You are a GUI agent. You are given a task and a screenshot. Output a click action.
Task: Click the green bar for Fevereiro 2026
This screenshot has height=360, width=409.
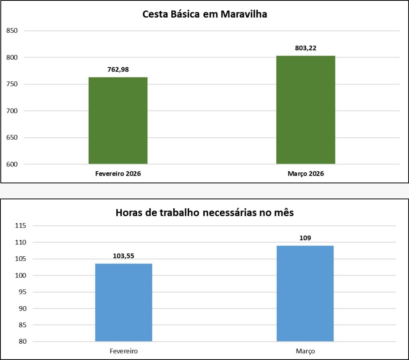point(118,121)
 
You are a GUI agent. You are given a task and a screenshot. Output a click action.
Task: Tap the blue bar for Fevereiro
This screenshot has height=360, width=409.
point(123,302)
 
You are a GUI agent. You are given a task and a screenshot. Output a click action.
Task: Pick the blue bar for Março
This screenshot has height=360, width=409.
point(305,293)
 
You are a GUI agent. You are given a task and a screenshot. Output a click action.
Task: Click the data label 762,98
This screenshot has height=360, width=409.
point(118,70)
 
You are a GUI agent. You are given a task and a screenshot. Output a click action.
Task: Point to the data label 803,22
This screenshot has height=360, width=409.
point(306,48)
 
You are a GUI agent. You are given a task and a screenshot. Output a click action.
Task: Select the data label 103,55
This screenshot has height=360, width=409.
point(123,256)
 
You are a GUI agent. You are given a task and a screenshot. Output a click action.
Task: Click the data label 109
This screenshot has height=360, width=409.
point(305,238)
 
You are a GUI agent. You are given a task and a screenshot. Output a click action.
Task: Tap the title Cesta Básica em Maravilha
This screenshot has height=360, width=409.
point(204,15)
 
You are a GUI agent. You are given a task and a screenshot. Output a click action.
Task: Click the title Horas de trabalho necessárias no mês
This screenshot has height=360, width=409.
point(204,213)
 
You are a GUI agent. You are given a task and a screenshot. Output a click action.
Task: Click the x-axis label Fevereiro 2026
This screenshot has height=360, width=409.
point(118,174)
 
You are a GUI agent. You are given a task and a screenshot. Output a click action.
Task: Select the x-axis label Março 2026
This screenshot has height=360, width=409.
point(306,174)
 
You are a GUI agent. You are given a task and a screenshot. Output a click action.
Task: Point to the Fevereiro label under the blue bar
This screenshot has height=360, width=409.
point(123,352)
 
